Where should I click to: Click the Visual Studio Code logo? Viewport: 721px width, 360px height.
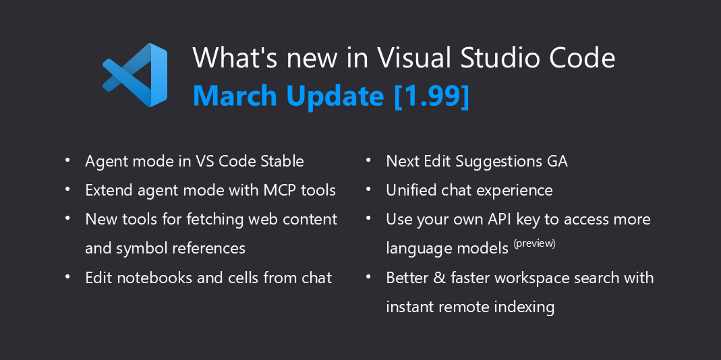pos(135,75)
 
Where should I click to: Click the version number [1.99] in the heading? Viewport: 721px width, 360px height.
pos(432,96)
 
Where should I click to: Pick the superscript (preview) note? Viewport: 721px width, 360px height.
pos(534,243)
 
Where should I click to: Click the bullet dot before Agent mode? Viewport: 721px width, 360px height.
pos(67,160)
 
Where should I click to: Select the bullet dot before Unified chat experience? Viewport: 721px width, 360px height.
pos(368,189)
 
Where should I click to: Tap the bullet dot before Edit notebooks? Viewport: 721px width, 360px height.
pos(67,276)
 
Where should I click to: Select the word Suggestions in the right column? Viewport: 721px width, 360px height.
pos(498,162)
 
